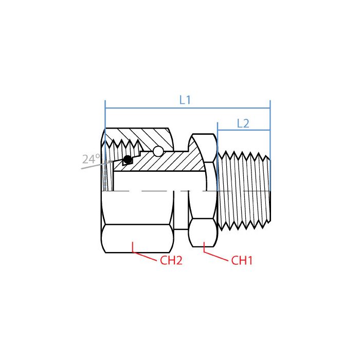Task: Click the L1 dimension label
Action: pyautogui.click(x=185, y=100)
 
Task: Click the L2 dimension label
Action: pyautogui.click(x=243, y=123)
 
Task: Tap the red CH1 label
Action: pyautogui.click(x=242, y=260)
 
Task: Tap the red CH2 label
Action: pyautogui.click(x=171, y=260)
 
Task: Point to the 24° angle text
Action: pyautogui.click(x=91, y=159)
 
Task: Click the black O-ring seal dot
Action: pyautogui.click(x=128, y=159)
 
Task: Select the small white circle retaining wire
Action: pyautogui.click(x=158, y=151)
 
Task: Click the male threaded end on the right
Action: pyautogui.click(x=244, y=190)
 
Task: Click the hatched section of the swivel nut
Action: pyautogui.click(x=149, y=136)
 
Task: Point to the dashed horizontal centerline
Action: pyautogui.click(x=154, y=191)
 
